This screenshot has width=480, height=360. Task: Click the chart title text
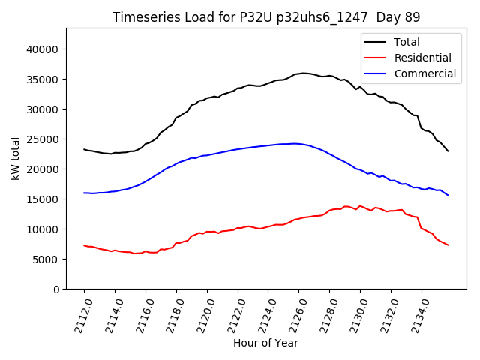pos(266,16)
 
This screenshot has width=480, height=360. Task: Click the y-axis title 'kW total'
pos(16,158)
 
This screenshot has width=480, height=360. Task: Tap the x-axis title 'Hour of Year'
pos(265,343)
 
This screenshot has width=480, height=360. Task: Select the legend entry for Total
pos(406,42)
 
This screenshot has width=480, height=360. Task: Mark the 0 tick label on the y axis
pos(55,289)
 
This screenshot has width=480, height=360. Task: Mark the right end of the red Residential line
pos(448,245)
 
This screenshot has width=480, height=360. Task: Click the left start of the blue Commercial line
pos(84,193)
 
